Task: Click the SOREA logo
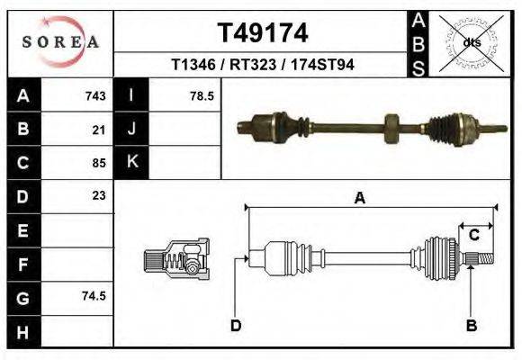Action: [x=59, y=42]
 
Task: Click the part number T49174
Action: [x=262, y=33]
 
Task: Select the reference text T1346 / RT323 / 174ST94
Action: [x=262, y=66]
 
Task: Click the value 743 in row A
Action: [x=95, y=95]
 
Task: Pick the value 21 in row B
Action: [x=99, y=129]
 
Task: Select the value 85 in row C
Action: [x=99, y=163]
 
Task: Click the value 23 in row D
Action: [x=99, y=195]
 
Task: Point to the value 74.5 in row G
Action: [x=94, y=295]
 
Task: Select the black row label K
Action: [x=131, y=162]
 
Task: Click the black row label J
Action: [x=131, y=129]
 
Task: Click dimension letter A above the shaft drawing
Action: [x=360, y=199]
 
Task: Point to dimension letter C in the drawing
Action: [x=473, y=236]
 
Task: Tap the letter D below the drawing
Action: [x=236, y=325]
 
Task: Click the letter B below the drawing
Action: [x=471, y=325]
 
